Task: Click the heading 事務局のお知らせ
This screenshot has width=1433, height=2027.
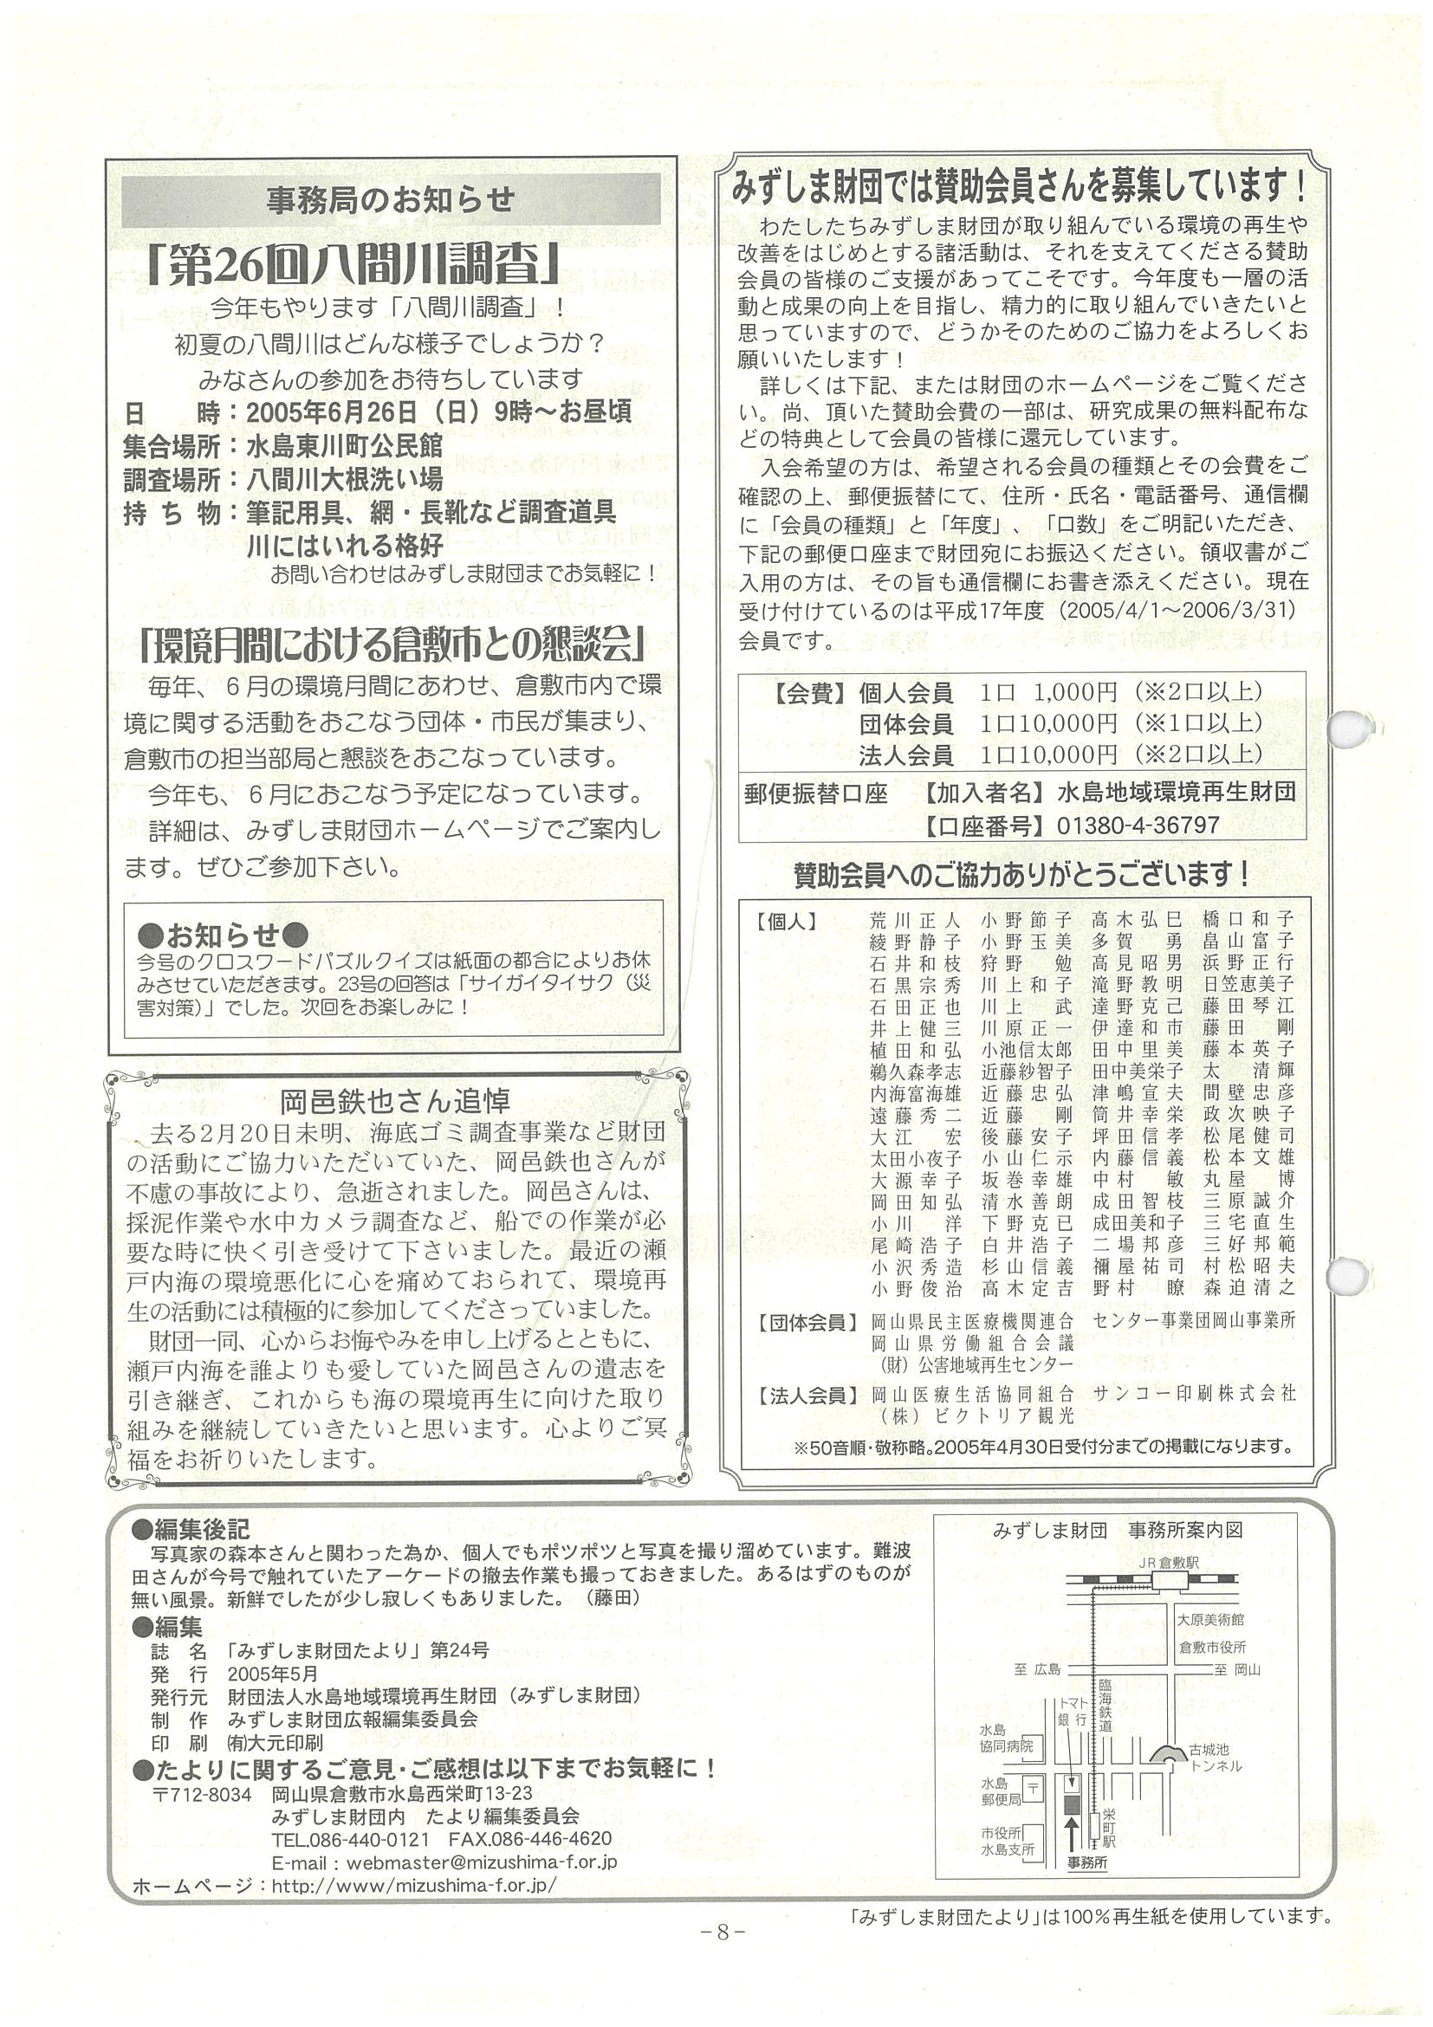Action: pos(390,200)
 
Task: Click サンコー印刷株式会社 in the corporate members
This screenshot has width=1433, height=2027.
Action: pos(1193,1393)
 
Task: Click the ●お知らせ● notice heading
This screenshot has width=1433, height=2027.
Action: pos(223,933)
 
